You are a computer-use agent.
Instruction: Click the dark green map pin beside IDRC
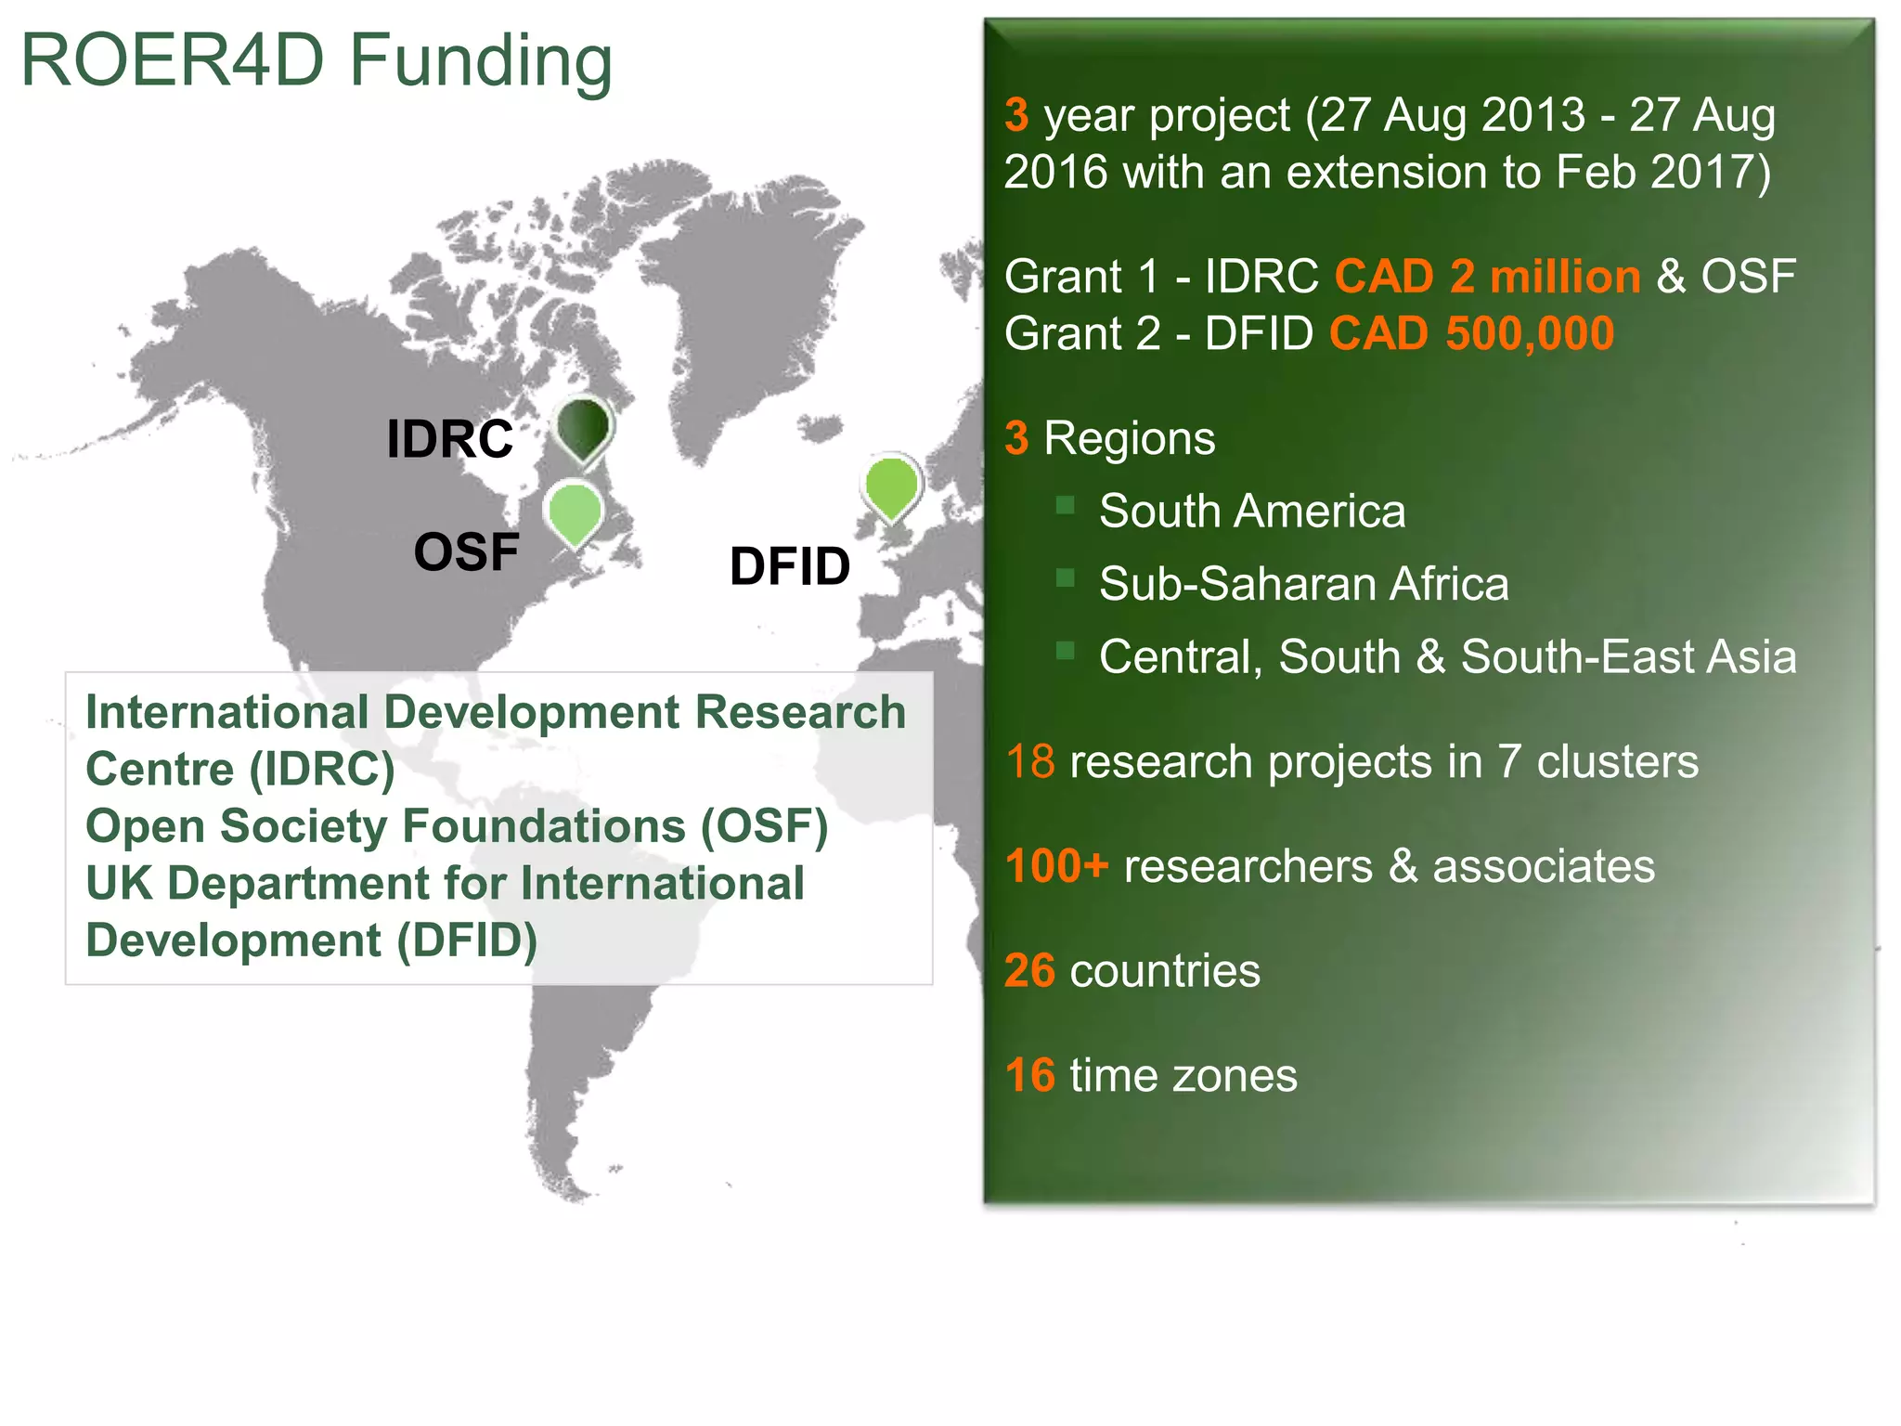(583, 428)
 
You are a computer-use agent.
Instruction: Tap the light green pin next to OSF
(575, 512)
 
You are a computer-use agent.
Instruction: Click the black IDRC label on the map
(449, 439)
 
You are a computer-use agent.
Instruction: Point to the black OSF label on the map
(466, 552)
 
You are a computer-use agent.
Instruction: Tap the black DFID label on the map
(790, 566)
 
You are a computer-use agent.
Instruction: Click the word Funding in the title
(481, 61)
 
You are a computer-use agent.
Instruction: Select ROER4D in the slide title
(173, 61)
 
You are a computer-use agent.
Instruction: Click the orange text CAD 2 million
(1487, 277)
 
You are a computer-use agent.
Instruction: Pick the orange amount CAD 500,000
(1471, 333)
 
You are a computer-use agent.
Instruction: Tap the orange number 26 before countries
(1029, 971)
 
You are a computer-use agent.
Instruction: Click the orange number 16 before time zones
(1029, 1076)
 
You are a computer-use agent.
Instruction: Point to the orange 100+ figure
(1056, 866)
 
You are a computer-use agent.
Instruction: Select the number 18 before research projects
(1029, 762)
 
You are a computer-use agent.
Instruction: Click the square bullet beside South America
(1065, 506)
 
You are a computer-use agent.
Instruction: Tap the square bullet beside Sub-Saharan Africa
(1065, 578)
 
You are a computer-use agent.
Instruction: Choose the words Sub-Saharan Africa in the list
(1303, 584)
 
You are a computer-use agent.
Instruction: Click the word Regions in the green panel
(1129, 438)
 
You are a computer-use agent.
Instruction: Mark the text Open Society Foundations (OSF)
(457, 826)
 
